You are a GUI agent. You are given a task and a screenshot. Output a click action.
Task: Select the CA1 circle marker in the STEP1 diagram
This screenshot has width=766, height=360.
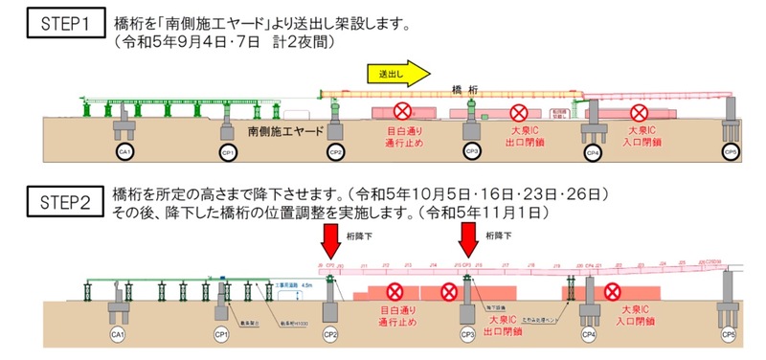pos(123,151)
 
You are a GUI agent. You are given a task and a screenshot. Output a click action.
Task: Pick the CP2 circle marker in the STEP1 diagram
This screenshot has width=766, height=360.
pos(336,151)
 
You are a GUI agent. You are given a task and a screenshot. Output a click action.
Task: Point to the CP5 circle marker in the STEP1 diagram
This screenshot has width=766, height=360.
pos(732,151)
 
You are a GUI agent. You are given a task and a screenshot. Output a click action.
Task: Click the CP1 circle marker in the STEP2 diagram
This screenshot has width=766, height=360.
pos(223,335)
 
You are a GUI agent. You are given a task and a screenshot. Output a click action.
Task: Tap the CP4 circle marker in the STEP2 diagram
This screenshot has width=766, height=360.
pos(591,335)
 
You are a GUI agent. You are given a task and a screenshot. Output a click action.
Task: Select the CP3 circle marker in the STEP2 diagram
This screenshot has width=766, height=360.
pos(467,335)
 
